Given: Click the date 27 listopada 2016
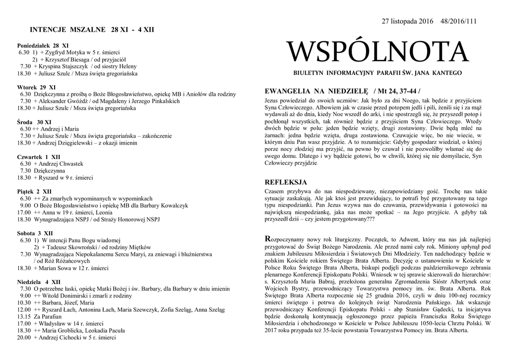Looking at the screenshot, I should pyautogui.click(x=407, y=21).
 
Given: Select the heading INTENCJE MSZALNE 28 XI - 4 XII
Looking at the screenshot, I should pyautogui.click(x=92, y=30).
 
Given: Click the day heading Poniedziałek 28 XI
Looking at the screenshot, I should pyautogui.click(x=43, y=45).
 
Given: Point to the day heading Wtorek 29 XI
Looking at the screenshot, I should pyautogui.click(x=36, y=87).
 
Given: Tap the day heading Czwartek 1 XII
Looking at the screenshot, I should pyautogui.click(x=39, y=156).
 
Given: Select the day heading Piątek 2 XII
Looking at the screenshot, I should pyautogui.click(x=34, y=191).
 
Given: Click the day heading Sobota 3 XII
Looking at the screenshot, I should pyautogui.click(x=35, y=233).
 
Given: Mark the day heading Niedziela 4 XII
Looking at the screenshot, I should pyautogui.click(x=39, y=282).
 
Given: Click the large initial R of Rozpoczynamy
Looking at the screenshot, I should pyautogui.click(x=268, y=239).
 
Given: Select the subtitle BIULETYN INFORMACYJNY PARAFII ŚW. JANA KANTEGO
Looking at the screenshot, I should pyautogui.click(x=377, y=73).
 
